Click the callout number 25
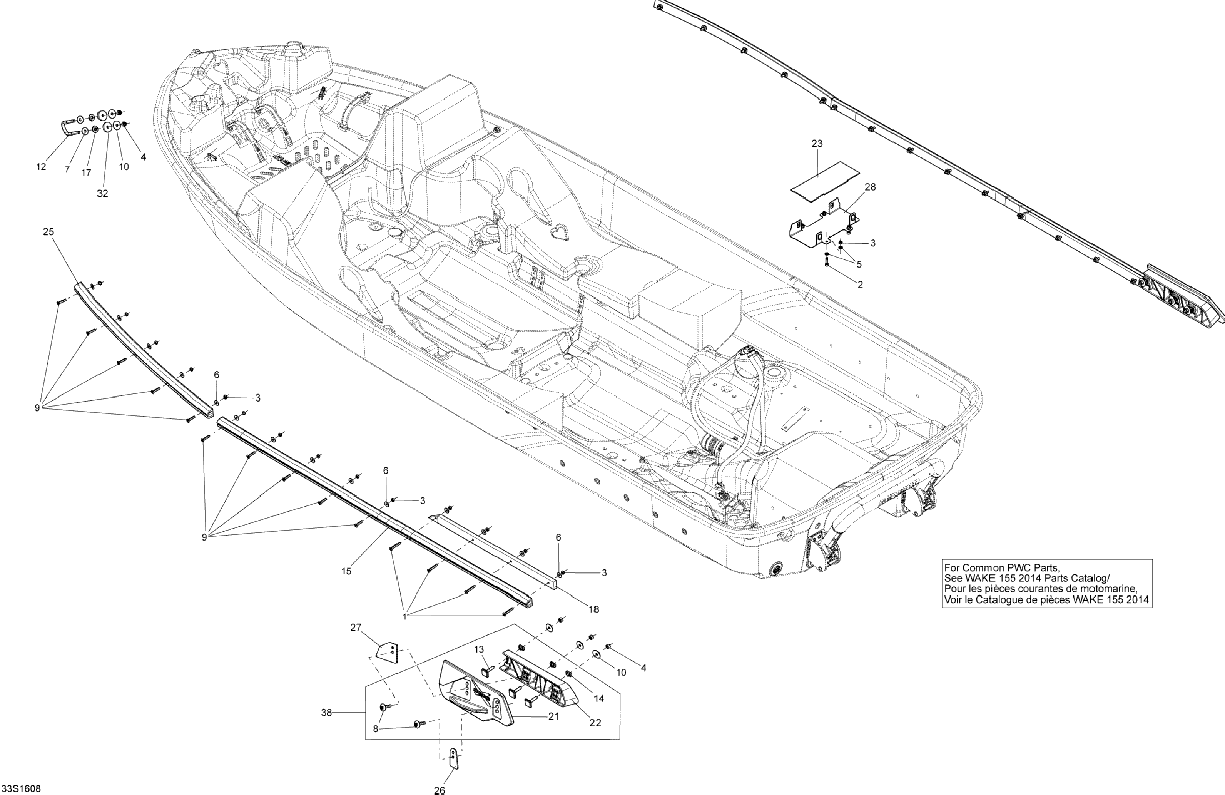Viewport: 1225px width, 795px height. pos(48,232)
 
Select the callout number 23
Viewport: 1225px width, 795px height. pos(817,144)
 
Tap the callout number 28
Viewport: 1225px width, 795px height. pos(870,187)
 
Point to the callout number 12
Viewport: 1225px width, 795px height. pos(41,167)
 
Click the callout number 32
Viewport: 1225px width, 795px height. pos(102,194)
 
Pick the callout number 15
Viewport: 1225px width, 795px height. pos(346,571)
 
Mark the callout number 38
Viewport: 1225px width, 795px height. pos(326,713)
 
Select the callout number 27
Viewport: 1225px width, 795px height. pos(356,628)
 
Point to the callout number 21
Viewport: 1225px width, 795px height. pos(553,716)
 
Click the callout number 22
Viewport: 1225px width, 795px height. pos(595,723)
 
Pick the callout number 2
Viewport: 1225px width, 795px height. pos(860,284)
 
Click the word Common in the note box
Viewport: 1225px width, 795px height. pos(976,568)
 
